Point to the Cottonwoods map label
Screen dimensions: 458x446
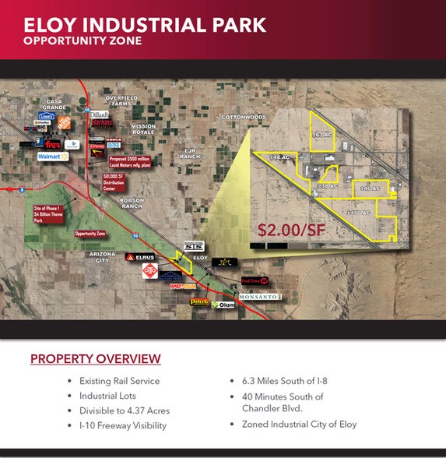[x=244, y=117]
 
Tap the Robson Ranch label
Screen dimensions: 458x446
[x=132, y=203]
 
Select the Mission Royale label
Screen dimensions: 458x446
[x=143, y=129]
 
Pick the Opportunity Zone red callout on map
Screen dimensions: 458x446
[x=90, y=233]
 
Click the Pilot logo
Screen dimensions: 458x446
[x=199, y=301]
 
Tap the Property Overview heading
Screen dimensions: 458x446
[x=95, y=359]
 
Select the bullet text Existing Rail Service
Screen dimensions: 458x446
[x=118, y=381]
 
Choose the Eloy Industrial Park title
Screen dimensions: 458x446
[x=145, y=24]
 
